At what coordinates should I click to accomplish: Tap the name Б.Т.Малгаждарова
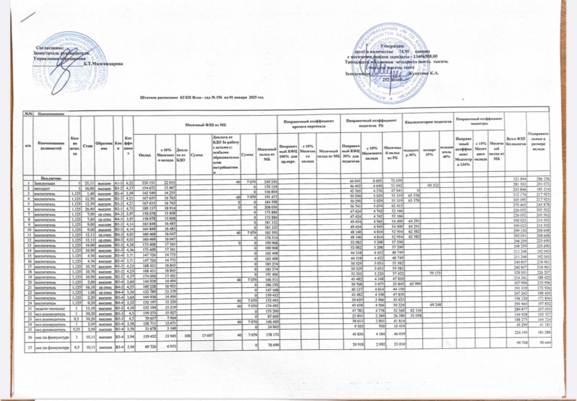pos(103,64)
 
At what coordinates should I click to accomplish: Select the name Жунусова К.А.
pos(423,73)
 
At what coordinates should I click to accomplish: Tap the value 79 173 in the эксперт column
pos(435,272)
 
